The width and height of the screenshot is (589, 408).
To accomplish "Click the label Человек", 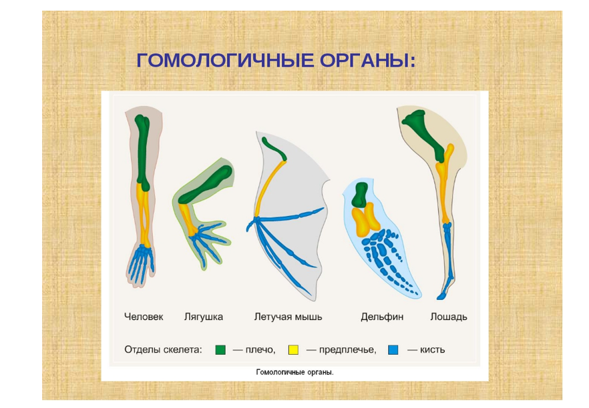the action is point(144,317).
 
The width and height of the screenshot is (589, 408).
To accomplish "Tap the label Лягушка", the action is point(203,317).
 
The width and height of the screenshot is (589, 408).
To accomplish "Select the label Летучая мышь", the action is point(288,317).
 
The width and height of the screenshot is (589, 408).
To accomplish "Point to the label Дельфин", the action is point(382,317).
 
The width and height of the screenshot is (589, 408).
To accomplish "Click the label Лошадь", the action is point(449,317).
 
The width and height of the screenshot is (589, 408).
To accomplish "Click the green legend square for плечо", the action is point(220,350).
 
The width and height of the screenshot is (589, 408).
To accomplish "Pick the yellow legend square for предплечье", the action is point(293,350).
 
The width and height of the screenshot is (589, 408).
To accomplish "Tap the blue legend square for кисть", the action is point(393,350).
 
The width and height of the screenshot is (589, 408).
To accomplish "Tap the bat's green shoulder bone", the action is point(274,149).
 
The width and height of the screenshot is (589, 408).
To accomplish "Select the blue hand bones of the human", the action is point(141,263).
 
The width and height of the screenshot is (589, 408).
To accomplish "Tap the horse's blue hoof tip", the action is point(441,297).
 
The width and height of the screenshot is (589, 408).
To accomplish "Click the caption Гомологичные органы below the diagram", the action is point(294,373).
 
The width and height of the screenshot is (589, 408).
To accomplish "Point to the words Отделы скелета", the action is point(163,350).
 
